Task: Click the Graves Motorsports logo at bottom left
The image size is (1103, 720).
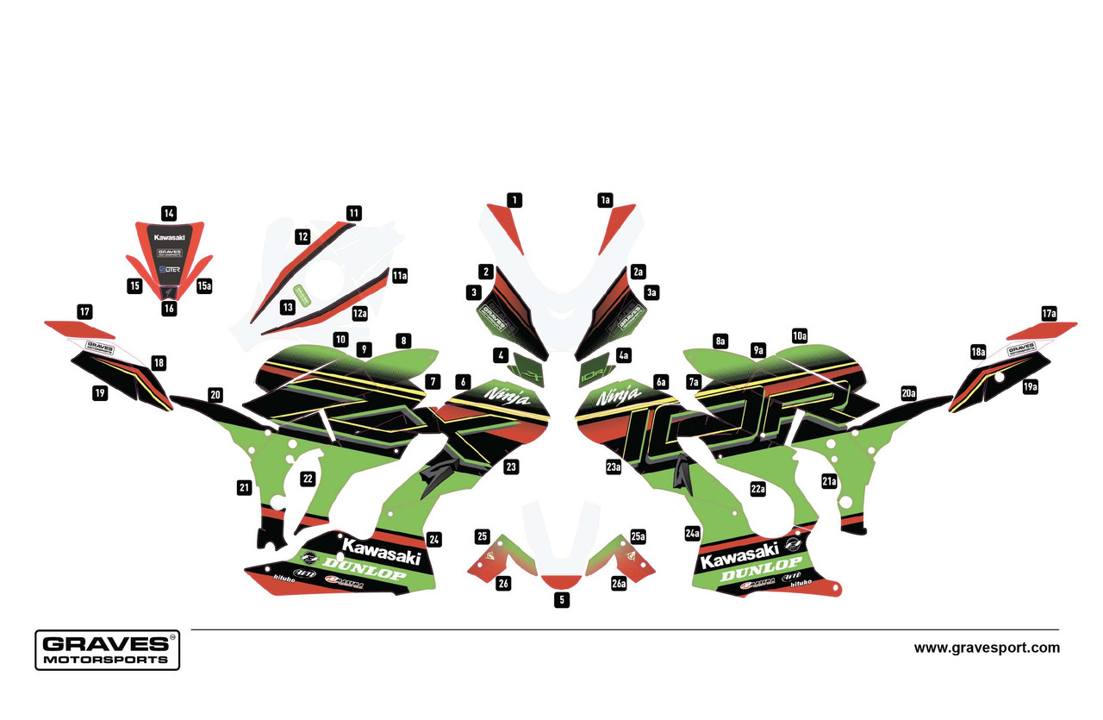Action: pos(107,649)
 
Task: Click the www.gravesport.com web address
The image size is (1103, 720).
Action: pos(987,648)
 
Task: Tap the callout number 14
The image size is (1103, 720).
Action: pos(169,212)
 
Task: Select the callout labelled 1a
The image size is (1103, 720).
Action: pos(605,200)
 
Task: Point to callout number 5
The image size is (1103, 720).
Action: pos(562,599)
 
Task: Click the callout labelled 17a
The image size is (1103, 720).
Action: pos(1048,314)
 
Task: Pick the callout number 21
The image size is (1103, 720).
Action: pos(245,488)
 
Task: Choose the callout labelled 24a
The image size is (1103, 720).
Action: pos(692,534)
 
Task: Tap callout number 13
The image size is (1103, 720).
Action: pos(287,306)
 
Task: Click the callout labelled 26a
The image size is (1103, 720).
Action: pos(619,584)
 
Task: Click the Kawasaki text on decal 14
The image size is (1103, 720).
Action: pos(169,236)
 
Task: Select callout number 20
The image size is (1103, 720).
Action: pos(215,395)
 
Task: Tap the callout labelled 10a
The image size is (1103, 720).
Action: pos(800,335)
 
